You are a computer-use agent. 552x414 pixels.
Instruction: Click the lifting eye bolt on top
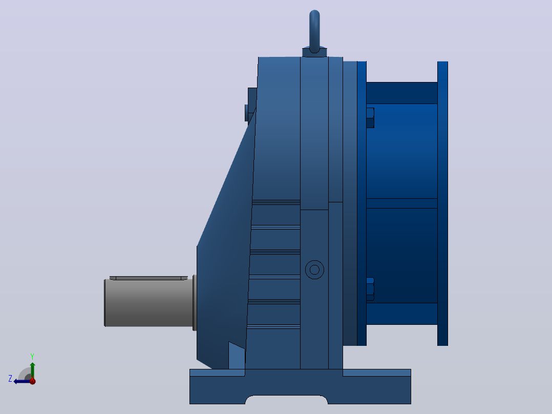click(x=314, y=31)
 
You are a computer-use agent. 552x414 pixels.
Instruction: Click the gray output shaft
click(x=148, y=303)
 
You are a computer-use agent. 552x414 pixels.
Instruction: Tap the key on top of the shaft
click(x=148, y=278)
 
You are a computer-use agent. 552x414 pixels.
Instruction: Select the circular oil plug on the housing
click(x=314, y=270)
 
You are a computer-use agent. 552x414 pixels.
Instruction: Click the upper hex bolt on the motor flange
click(x=370, y=118)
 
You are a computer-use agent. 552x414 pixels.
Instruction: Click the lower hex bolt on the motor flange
click(x=370, y=289)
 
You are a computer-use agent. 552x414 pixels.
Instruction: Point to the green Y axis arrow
click(x=32, y=370)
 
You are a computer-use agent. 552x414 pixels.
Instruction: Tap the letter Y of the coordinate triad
click(x=32, y=356)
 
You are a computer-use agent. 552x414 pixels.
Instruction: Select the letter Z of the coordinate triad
click(x=10, y=379)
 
